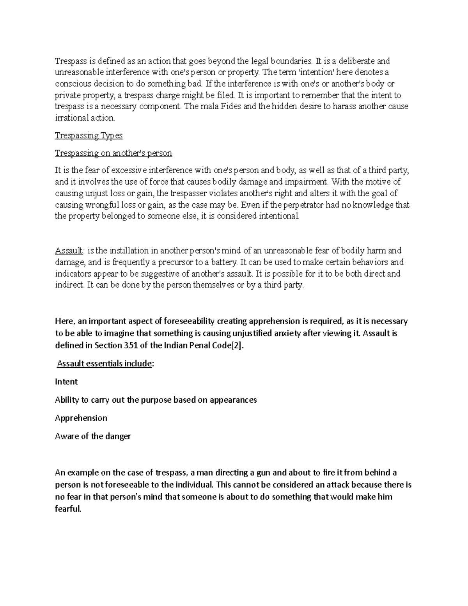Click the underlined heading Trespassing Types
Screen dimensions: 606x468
pos(89,136)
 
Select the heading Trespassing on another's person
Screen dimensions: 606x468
pos(113,153)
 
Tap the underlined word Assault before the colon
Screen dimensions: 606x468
pos(69,251)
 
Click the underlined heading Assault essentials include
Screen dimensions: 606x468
pos(104,364)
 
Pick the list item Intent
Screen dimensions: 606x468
pos(66,382)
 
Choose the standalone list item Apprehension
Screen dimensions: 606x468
pos(81,418)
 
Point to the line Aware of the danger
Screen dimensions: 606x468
pos(93,436)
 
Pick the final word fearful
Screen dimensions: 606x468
pos(68,509)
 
